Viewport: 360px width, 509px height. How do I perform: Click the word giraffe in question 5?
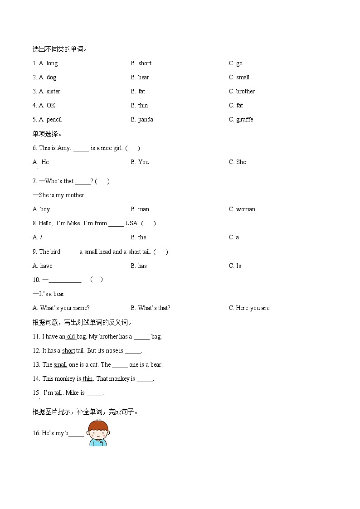244,120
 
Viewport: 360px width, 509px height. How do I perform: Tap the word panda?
146,120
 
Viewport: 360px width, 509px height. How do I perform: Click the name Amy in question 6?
64,148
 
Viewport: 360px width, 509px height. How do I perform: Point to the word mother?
75,195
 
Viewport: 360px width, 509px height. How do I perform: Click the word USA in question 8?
131,223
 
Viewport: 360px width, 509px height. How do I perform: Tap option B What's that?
151,308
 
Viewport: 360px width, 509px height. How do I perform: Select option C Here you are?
250,308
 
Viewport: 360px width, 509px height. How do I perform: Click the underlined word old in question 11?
71,337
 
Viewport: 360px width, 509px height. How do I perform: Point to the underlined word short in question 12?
68,351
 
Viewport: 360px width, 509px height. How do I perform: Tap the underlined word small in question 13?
60,365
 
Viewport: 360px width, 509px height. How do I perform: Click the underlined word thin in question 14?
88,379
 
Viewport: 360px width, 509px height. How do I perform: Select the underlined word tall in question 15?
58,393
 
